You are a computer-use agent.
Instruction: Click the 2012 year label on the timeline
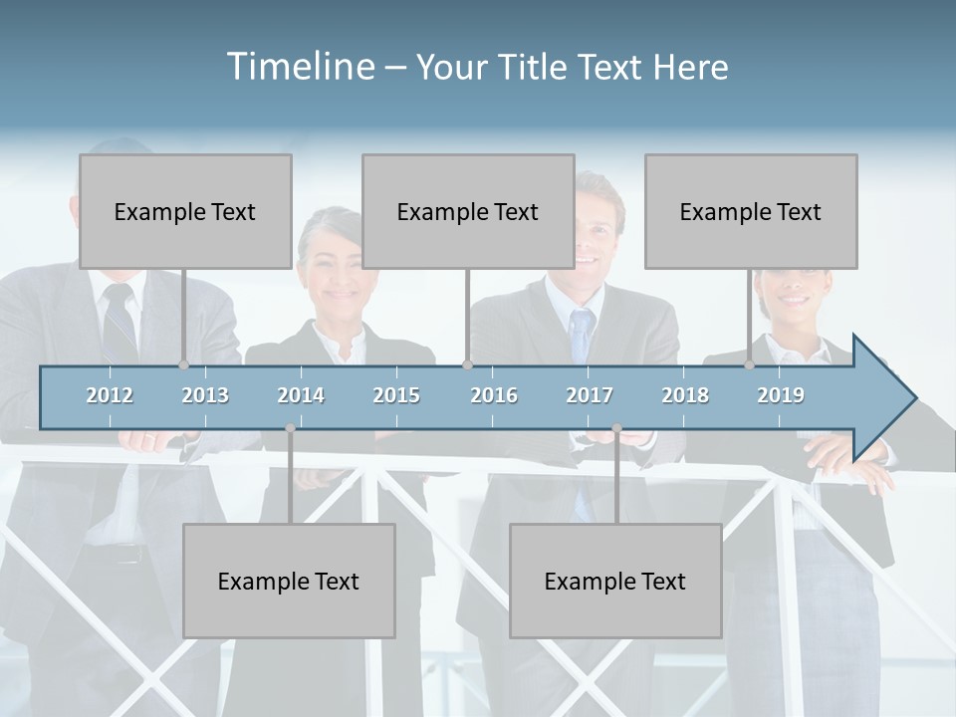[110, 395]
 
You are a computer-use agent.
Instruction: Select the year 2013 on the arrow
[205, 395]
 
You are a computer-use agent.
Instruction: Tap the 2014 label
[301, 395]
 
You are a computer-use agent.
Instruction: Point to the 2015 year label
[396, 395]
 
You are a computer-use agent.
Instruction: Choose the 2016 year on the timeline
[494, 395]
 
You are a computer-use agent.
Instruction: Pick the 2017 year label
[590, 395]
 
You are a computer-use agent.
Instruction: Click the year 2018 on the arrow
[685, 395]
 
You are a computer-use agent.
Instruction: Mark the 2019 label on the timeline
[781, 395]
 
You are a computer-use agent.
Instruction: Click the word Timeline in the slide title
[300, 67]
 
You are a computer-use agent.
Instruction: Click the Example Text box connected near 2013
[185, 212]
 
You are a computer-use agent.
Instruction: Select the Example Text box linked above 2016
[468, 212]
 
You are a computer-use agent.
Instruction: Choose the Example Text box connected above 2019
[751, 212]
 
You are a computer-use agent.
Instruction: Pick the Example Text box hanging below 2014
[289, 582]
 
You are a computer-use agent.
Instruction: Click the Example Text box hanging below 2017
[615, 582]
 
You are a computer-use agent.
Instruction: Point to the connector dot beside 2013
[183, 364]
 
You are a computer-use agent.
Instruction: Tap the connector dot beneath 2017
[616, 428]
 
